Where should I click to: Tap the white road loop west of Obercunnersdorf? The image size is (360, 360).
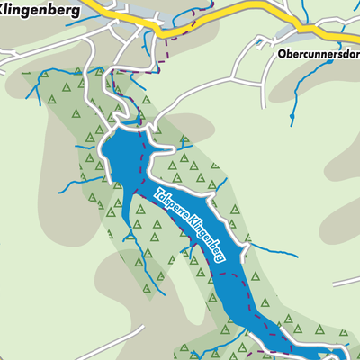tap(243, 54)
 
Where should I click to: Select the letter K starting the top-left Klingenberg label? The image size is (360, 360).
tap(4, 10)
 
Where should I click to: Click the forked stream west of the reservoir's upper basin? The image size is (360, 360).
tap(72, 184)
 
